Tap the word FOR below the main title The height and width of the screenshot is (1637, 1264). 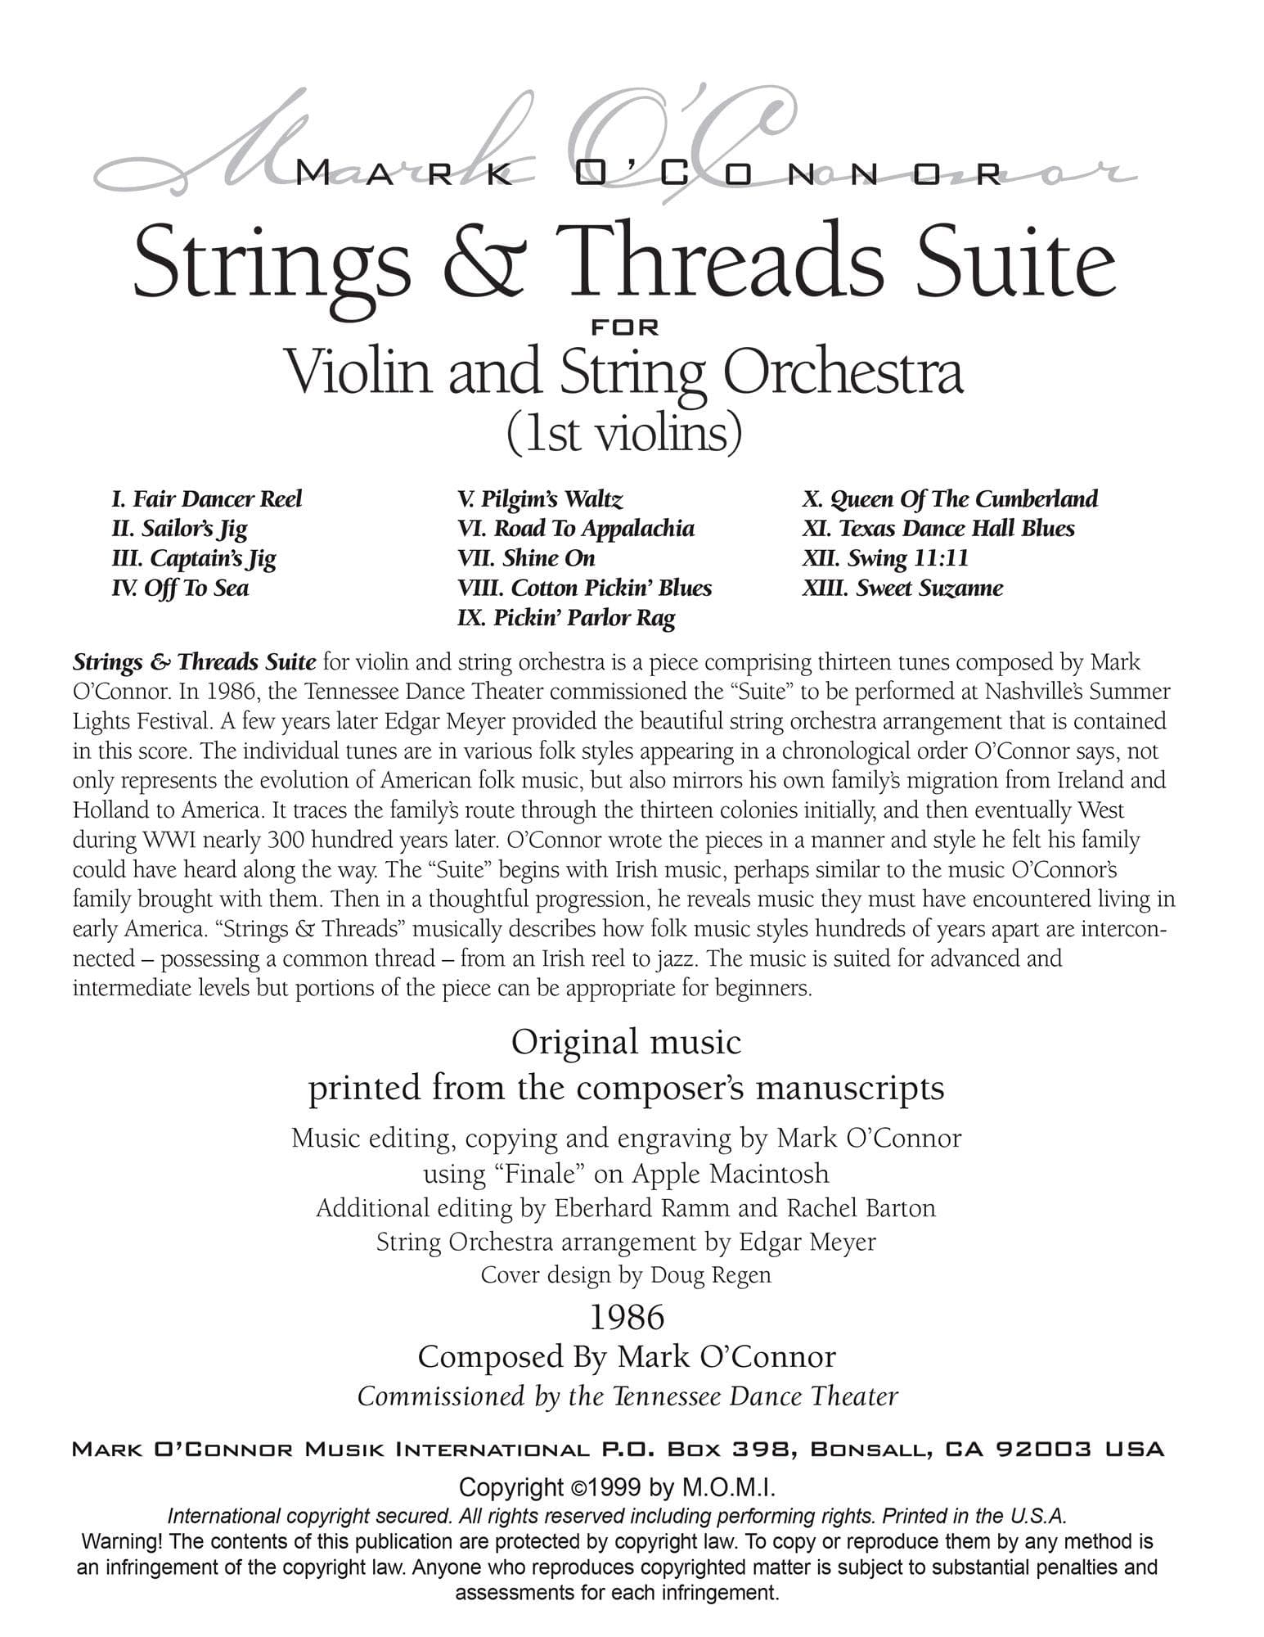coord(625,327)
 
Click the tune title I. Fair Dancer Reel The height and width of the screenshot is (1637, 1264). coord(206,499)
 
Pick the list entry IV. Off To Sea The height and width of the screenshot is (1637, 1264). coord(180,588)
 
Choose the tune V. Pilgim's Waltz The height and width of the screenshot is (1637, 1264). coord(540,499)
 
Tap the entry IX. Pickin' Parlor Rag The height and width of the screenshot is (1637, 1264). coord(566,617)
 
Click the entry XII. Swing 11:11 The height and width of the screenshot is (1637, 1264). coord(885,558)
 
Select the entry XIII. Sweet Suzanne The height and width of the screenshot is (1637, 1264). coord(902,588)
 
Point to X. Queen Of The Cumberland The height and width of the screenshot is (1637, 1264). coord(950,499)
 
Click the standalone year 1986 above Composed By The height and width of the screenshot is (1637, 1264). coord(627,1317)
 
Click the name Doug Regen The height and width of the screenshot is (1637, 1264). coord(710,1274)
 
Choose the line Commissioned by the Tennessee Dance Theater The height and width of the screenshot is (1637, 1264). coord(628,1396)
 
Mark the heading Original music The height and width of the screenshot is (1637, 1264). coord(626,1043)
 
